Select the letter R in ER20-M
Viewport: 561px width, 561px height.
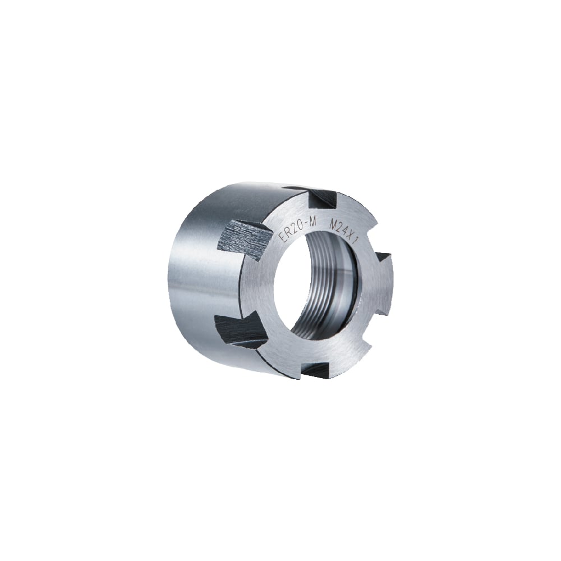pos(289,233)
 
